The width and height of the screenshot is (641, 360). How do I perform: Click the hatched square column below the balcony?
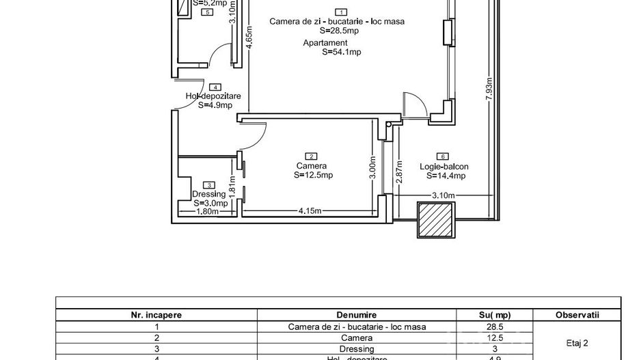[x=436, y=220]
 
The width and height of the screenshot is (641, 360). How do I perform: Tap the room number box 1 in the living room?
[x=341, y=12]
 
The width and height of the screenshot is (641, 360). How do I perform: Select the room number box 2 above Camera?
[x=312, y=156]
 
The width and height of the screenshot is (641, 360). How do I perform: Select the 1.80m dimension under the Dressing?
[x=207, y=211]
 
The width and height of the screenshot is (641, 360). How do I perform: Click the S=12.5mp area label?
[x=313, y=176]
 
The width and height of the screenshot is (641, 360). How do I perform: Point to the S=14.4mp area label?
[x=445, y=176]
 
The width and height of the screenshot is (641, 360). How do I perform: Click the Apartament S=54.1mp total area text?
[x=332, y=47]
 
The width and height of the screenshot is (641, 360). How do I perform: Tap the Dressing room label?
[x=209, y=194]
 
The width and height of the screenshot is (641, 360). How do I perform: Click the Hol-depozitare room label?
[x=213, y=96]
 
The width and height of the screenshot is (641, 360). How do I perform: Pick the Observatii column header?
[x=577, y=315]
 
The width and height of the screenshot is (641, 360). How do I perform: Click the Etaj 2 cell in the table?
[x=577, y=343]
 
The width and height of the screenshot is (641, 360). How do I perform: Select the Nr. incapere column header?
[x=156, y=315]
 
